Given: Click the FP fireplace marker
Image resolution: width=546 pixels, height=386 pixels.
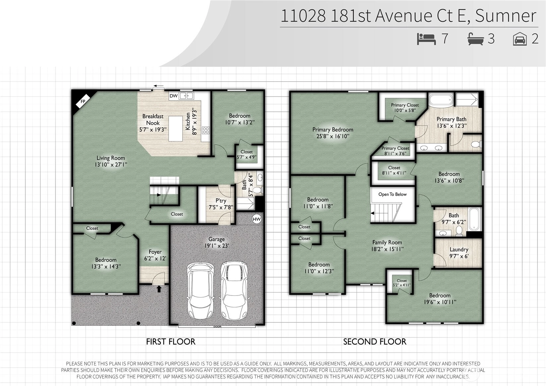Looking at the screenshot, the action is coord(83,101).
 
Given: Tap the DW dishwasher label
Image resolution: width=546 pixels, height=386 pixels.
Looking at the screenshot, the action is coord(174,96).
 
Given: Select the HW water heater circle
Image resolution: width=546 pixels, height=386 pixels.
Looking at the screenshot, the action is coord(257,219).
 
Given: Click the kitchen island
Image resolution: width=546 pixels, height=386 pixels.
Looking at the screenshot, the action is coord(175,129).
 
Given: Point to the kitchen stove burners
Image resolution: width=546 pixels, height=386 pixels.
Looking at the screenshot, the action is coord(206,130).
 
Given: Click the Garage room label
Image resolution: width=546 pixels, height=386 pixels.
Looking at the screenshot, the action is coord(216,239).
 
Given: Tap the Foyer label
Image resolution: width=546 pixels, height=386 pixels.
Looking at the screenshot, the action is coord(155,252).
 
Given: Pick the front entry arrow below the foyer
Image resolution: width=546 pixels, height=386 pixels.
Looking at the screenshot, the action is coord(159,289).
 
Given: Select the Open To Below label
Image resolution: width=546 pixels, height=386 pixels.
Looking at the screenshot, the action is coord(393,194).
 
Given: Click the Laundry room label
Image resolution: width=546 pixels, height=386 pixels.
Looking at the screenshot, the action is coord(459,249).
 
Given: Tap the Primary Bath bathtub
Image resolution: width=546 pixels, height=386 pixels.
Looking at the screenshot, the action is coord(441,100).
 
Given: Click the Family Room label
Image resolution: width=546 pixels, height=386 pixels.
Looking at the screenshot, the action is coord(387,242).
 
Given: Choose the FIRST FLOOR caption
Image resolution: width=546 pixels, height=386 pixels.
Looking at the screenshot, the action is coord(171,342).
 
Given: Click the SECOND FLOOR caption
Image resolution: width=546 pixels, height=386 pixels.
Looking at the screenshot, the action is coord(375,342).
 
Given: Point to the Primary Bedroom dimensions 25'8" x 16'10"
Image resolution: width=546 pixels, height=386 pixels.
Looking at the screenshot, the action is coord(333,136).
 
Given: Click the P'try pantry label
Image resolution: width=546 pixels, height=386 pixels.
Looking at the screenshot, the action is coord(221,201).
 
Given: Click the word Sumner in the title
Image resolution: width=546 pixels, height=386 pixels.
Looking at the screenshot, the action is coord(506,16).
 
